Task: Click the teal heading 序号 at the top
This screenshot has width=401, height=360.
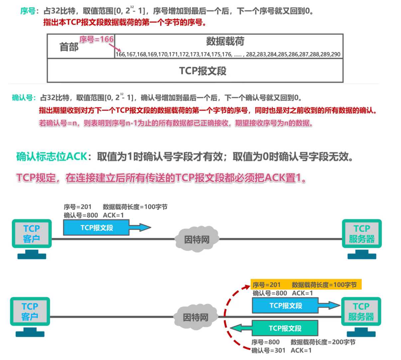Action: [28, 11]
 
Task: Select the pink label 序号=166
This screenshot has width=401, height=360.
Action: [96, 39]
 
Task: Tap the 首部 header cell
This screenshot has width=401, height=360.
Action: [69, 47]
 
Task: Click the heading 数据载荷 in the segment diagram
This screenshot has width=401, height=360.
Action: [225, 41]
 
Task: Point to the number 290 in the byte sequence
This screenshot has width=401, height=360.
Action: [335, 54]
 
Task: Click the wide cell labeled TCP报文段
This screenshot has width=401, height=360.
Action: [202, 71]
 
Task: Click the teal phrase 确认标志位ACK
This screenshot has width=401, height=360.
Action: [52, 156]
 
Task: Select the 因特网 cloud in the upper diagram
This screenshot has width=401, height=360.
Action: [197, 239]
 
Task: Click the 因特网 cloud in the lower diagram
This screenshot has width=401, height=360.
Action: [196, 317]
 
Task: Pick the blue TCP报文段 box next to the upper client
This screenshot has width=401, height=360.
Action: [96, 228]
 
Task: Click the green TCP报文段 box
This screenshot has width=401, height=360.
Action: [285, 328]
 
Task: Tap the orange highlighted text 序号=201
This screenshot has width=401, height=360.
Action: [266, 285]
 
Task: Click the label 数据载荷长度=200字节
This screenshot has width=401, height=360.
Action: [323, 342]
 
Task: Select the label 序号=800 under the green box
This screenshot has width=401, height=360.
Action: [265, 342]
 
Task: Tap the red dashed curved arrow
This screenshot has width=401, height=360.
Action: [226, 316]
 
